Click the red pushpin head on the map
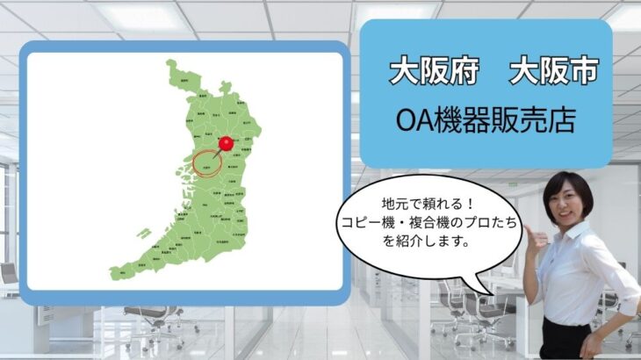tap(226, 142)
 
